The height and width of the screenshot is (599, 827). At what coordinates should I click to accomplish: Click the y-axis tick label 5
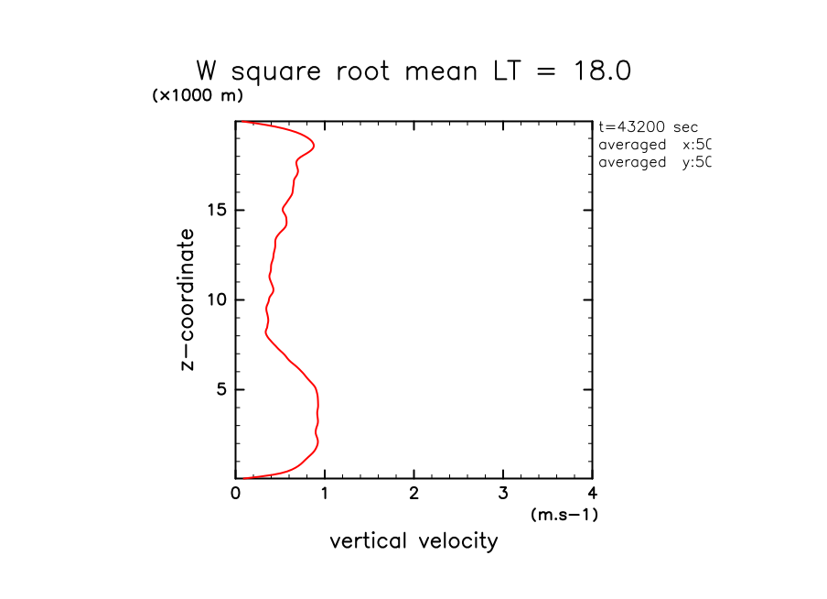coord(220,389)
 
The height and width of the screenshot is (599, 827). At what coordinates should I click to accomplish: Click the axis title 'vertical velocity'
coord(413,541)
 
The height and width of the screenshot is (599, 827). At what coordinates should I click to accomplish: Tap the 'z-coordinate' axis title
coord(188,299)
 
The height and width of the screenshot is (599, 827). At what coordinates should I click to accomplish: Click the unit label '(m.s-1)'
coord(564,515)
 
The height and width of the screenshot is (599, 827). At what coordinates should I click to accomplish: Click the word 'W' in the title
coord(208,71)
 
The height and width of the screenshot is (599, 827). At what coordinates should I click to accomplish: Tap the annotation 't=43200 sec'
coord(648,127)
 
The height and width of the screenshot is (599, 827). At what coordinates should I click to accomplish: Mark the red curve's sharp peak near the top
coord(314,146)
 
